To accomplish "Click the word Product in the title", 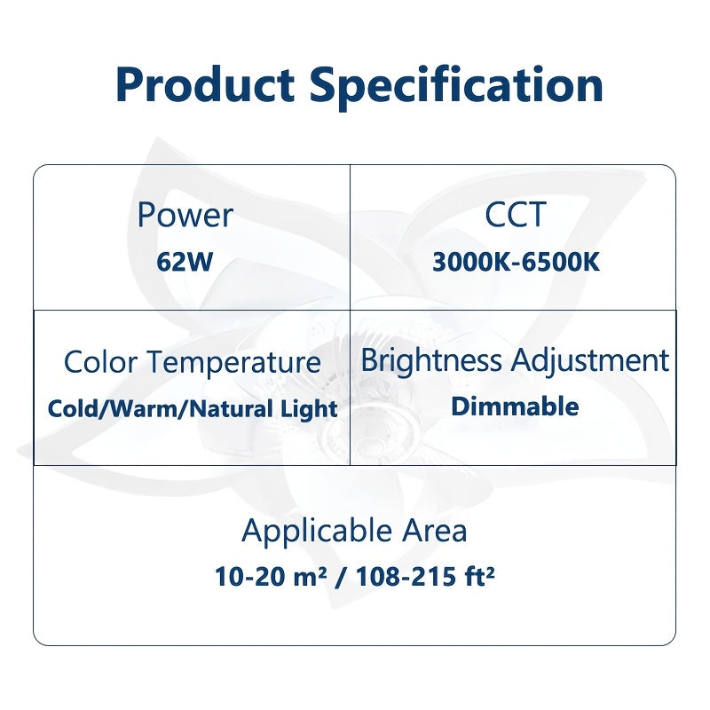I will click(205, 86).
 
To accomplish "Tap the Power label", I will click(185, 215).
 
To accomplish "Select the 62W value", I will click(185, 264).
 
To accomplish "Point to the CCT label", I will click(515, 215).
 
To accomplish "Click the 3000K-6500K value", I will click(517, 264).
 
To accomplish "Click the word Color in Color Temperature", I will click(101, 362).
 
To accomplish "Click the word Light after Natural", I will click(312, 408).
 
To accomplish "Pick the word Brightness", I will click(433, 360).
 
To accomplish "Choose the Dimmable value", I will click(515, 406).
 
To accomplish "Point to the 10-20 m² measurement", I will click(272, 578).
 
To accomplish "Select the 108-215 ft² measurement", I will click(425, 578).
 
